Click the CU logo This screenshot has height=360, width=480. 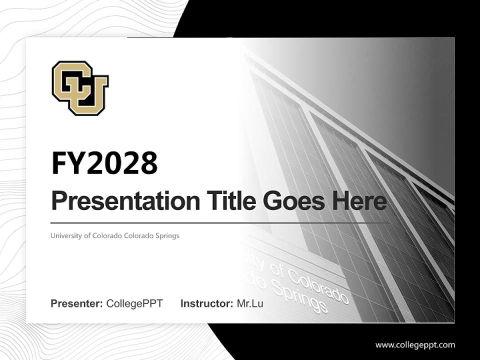point(80,88)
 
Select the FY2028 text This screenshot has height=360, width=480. point(104,163)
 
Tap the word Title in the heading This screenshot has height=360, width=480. point(226,201)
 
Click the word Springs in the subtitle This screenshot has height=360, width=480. point(167,235)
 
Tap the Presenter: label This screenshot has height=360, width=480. point(77,303)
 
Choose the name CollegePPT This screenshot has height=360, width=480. point(134,303)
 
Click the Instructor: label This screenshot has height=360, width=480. point(207,303)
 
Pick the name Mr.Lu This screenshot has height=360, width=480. point(250,303)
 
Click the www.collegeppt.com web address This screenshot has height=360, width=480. point(415,344)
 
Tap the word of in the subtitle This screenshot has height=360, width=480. point(86,235)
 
